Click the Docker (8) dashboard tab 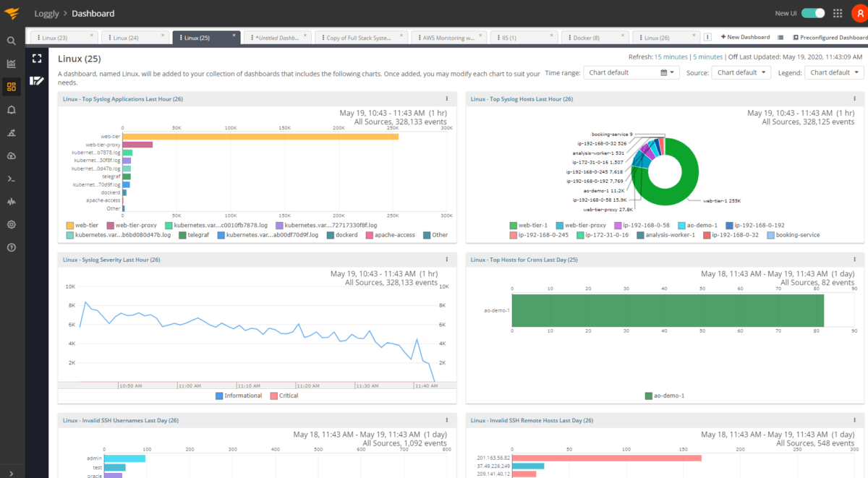pyautogui.click(x=586, y=38)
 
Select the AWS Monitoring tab pyautogui.click(x=448, y=38)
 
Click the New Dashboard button pyautogui.click(x=745, y=38)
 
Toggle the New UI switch pyautogui.click(x=813, y=13)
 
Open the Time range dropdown pyautogui.click(x=631, y=72)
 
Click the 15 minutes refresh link pyautogui.click(x=671, y=56)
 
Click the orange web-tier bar pyautogui.click(x=260, y=136)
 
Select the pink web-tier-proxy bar pyautogui.click(x=137, y=145)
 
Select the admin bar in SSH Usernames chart pyautogui.click(x=124, y=458)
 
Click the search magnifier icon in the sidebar pyautogui.click(x=12, y=41)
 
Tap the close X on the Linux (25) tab pyautogui.click(x=234, y=35)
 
